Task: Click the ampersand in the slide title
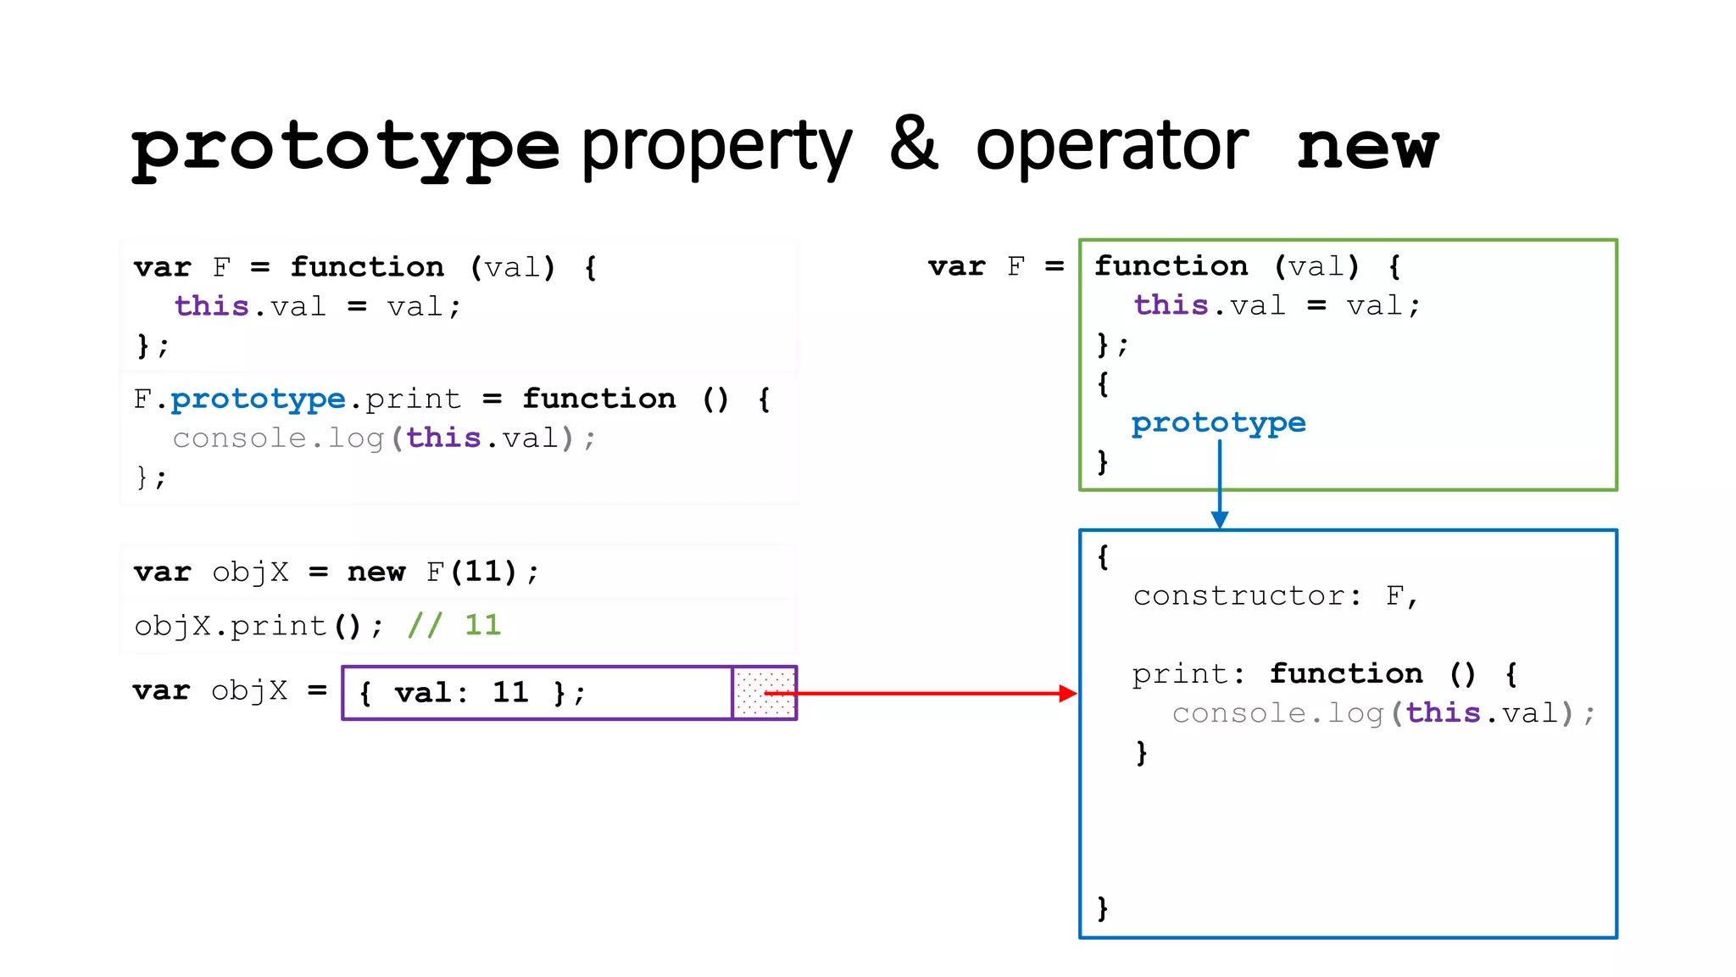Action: (914, 144)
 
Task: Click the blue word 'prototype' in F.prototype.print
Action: (258, 399)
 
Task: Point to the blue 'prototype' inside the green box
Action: (1218, 422)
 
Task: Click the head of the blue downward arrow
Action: (1220, 519)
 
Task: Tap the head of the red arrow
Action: (1067, 694)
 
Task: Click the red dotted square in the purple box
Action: (764, 693)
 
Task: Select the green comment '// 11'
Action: (454, 626)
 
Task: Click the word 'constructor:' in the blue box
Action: (1247, 596)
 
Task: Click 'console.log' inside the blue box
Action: (1277, 714)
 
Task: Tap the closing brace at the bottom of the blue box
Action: (1102, 907)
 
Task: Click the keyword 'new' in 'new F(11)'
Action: (376, 572)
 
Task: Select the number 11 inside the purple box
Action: (510, 693)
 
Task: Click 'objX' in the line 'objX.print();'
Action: (172, 626)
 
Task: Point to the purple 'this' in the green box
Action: (1171, 305)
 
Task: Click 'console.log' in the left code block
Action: (278, 438)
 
